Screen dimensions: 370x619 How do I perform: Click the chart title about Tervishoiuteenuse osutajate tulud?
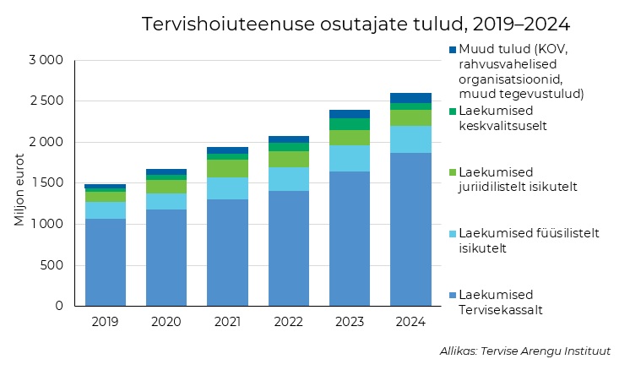(x=356, y=23)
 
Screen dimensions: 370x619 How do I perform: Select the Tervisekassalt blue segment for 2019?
(x=106, y=262)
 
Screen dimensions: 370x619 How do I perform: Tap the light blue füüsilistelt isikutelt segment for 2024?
(x=410, y=139)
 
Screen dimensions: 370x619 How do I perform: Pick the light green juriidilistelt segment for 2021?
(x=227, y=168)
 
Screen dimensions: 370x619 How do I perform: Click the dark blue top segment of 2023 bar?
(x=350, y=114)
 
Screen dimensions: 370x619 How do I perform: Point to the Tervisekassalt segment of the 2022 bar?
(x=289, y=248)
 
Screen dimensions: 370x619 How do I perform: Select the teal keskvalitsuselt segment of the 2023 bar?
(x=350, y=124)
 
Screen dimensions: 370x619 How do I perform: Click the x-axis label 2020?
(x=166, y=322)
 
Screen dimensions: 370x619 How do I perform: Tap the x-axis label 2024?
(x=410, y=322)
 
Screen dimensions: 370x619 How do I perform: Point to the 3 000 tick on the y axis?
(x=46, y=61)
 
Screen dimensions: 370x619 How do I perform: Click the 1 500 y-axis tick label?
(x=46, y=183)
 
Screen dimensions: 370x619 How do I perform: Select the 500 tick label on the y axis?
(x=52, y=265)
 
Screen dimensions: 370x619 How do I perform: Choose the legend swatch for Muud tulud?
(x=453, y=49)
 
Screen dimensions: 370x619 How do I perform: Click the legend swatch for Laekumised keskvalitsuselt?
(x=453, y=111)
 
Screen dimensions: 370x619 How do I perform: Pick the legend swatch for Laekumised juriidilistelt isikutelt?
(x=453, y=171)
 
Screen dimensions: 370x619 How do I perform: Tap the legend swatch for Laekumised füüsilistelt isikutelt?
(x=453, y=233)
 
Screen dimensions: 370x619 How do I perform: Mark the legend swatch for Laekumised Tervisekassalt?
(x=453, y=295)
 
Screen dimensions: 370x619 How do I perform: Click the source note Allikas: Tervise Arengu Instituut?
(x=524, y=351)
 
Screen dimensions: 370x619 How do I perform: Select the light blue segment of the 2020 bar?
(x=166, y=201)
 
